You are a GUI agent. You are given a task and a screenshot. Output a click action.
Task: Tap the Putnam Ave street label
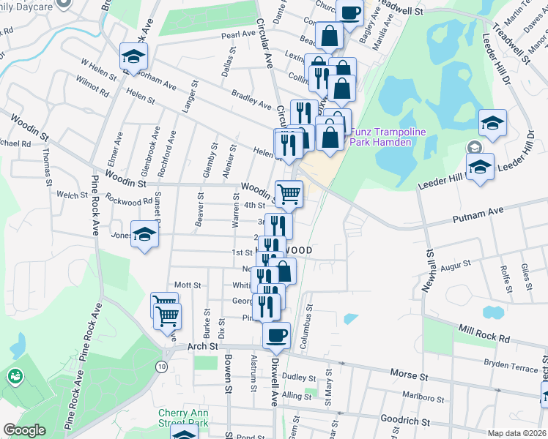(x=478, y=211)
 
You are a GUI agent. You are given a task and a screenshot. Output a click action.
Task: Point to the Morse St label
(x=409, y=375)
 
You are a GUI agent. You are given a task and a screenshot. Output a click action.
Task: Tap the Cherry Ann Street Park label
(x=184, y=417)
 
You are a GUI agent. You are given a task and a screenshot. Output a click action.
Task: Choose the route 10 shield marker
(x=161, y=366)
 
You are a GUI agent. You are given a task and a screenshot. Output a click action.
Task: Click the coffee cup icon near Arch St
(x=276, y=336)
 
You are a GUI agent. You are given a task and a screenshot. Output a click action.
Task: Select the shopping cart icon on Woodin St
(x=289, y=194)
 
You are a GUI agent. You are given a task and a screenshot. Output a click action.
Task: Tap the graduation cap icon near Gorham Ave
(x=134, y=56)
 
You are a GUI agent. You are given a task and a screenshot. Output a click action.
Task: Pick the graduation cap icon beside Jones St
(x=145, y=234)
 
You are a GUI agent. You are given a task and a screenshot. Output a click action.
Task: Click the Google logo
(x=24, y=430)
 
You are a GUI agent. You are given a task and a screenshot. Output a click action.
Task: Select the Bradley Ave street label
(x=251, y=100)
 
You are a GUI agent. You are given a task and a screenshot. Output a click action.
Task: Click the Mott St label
(x=188, y=284)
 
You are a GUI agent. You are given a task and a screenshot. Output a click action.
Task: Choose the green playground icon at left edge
(x=14, y=377)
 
